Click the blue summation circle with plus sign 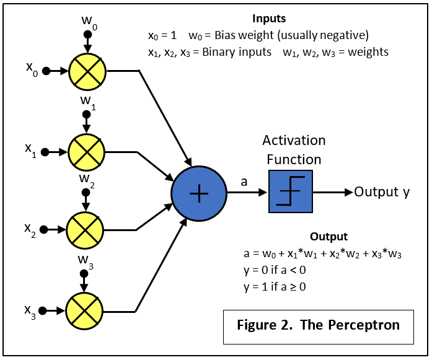[198, 194]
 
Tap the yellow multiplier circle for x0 [87, 71]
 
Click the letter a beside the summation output [244, 181]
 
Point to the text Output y [382, 192]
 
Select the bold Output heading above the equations [328, 237]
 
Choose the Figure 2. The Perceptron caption [319, 325]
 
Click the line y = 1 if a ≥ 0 [275, 287]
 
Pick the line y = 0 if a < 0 [275, 271]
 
